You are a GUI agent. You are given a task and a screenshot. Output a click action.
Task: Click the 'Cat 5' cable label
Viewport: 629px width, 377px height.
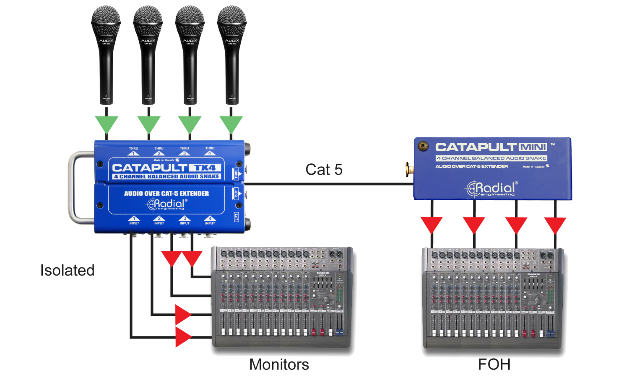click(x=324, y=169)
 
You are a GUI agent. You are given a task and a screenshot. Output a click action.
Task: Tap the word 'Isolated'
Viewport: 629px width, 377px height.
click(x=68, y=270)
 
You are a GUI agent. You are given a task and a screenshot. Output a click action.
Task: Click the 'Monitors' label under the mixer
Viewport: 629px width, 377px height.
click(x=279, y=364)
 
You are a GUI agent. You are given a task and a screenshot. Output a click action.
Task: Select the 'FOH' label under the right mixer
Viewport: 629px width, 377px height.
click(x=494, y=364)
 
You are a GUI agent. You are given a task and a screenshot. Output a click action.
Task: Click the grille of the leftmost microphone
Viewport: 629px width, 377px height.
click(x=106, y=21)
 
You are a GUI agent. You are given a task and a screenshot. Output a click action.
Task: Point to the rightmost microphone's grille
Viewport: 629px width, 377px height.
click(x=231, y=21)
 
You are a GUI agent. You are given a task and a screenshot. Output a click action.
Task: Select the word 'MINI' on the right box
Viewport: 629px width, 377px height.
click(x=533, y=147)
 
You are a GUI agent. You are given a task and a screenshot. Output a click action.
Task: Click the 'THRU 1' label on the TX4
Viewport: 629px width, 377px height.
click(x=133, y=151)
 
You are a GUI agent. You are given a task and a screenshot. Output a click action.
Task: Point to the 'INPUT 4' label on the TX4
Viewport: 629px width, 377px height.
click(x=210, y=221)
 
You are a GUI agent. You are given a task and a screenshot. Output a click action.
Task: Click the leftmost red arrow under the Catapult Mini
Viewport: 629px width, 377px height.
click(x=431, y=225)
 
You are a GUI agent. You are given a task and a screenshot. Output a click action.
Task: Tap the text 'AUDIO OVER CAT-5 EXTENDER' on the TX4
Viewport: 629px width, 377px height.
click(x=166, y=194)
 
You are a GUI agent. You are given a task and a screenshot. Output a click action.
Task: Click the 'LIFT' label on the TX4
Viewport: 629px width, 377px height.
click(x=237, y=217)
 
